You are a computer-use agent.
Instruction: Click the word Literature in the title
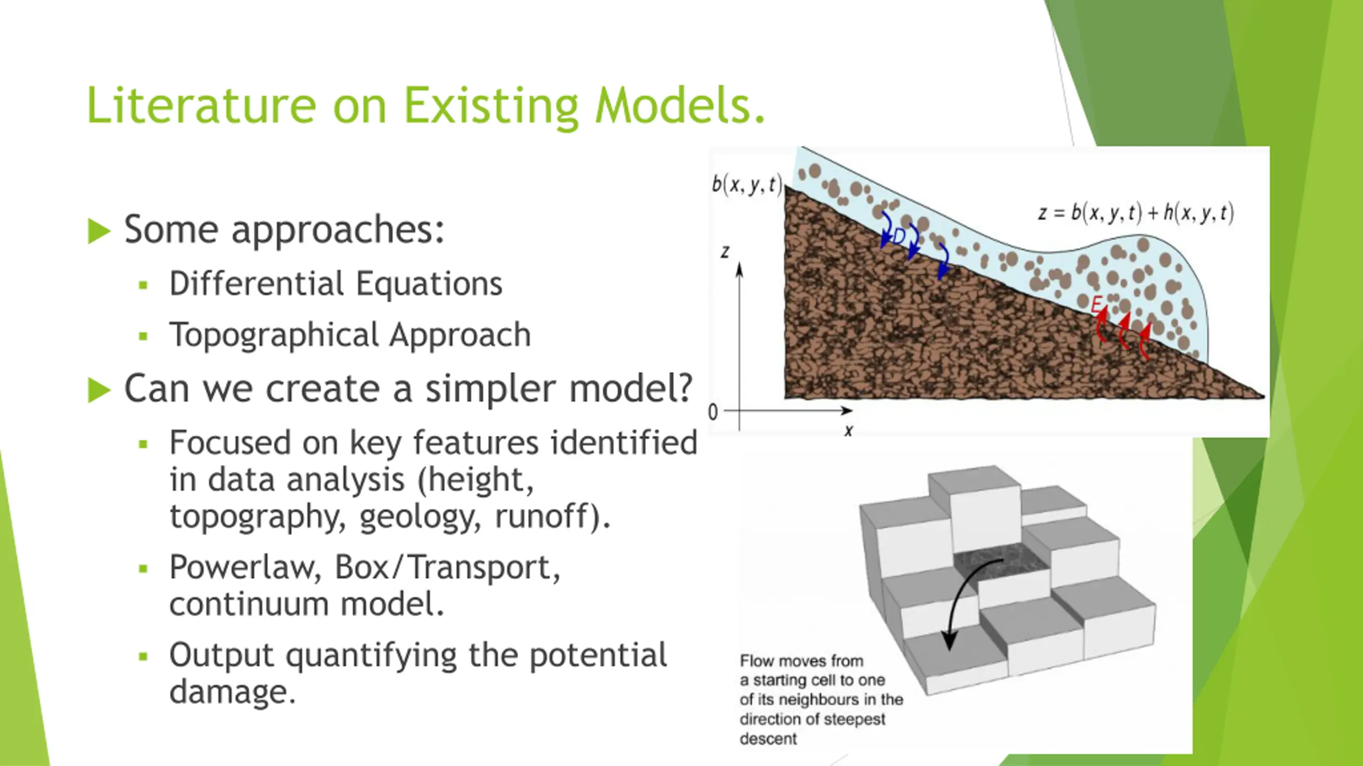coord(201,105)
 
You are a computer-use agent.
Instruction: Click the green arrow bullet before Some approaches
coord(99,231)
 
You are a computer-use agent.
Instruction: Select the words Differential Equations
coord(336,284)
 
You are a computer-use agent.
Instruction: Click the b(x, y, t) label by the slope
coord(747,185)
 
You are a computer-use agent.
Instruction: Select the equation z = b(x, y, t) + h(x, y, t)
coord(1136,213)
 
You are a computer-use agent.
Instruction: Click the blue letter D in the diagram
coord(899,236)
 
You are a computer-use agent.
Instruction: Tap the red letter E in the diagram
coord(1096,305)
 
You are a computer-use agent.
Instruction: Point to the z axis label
coord(725,252)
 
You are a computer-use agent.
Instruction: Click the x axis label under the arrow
coord(849,431)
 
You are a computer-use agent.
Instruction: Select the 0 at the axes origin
coord(713,412)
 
